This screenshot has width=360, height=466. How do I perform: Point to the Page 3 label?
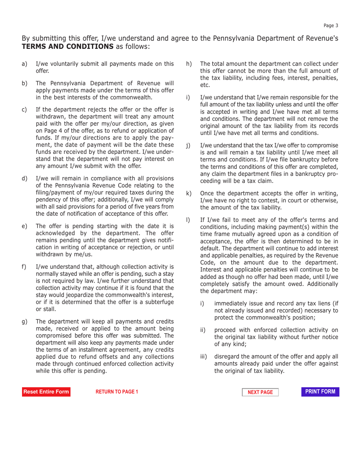pyautogui.click(x=331, y=25)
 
